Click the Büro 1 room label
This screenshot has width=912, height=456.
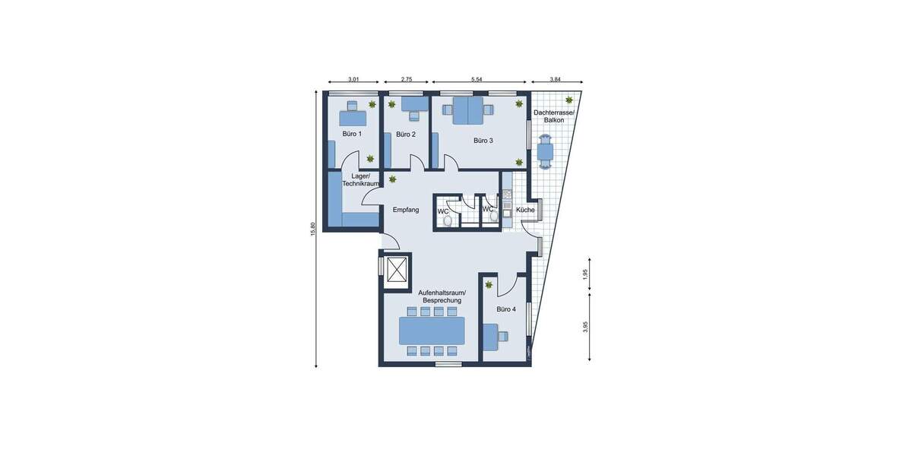pyautogui.click(x=352, y=134)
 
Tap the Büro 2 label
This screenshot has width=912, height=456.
pyautogui.click(x=406, y=135)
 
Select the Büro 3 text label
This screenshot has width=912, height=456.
pyautogui.click(x=483, y=141)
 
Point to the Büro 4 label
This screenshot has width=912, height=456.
pyautogui.click(x=506, y=309)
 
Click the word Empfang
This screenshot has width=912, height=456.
pyautogui.click(x=406, y=210)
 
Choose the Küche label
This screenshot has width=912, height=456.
pyautogui.click(x=525, y=210)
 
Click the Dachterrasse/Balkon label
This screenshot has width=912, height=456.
pyautogui.click(x=554, y=116)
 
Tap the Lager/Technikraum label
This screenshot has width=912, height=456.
pyautogui.click(x=360, y=180)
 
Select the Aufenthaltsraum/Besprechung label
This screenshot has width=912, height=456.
pyautogui.click(x=442, y=296)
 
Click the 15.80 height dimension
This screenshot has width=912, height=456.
pyautogui.click(x=312, y=229)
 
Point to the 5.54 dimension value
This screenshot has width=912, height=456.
pyautogui.click(x=477, y=79)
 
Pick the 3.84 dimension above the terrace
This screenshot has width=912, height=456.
pyautogui.click(x=556, y=79)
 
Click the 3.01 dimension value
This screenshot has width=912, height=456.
pyautogui.click(x=353, y=79)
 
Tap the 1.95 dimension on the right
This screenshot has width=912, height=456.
pyautogui.click(x=585, y=275)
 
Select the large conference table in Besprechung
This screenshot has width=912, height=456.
pyautogui.click(x=432, y=331)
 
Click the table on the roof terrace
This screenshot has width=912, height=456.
pyautogui.click(x=545, y=151)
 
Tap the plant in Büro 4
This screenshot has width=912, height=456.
pyautogui.click(x=489, y=285)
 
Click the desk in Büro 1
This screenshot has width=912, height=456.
pyautogui.click(x=352, y=118)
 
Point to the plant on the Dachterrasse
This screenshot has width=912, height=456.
pyautogui.click(x=568, y=100)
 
